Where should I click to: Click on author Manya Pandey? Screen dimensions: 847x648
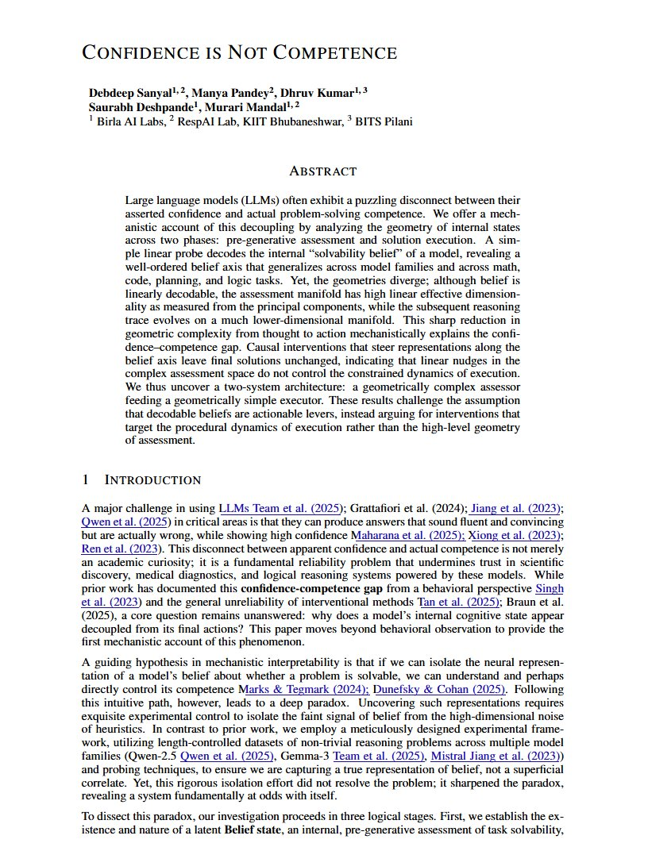(226, 93)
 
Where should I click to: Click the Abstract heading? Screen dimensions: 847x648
(323, 171)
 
